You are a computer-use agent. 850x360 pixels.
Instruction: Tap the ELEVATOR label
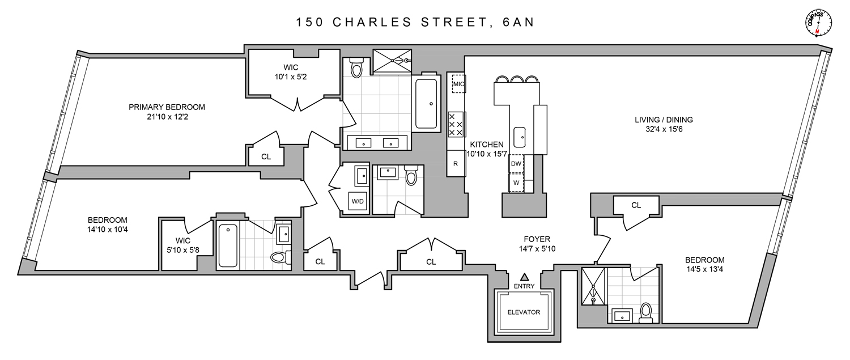[x=523, y=312]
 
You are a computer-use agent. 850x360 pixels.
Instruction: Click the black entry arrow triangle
[x=525, y=277]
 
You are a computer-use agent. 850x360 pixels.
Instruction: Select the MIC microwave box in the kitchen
[x=458, y=85]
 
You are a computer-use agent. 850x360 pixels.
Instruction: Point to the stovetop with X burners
[x=456, y=124]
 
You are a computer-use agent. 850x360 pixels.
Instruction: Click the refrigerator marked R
[x=456, y=163]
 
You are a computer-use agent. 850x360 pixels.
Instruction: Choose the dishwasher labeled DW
[x=516, y=163]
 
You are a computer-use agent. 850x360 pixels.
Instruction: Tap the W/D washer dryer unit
[x=358, y=201]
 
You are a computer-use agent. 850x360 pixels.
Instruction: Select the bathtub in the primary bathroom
[x=426, y=104]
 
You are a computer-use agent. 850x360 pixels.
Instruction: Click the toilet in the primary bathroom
[x=356, y=67]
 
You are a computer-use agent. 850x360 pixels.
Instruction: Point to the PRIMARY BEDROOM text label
[x=167, y=107]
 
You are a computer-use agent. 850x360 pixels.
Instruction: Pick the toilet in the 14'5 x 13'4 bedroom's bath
[x=645, y=312]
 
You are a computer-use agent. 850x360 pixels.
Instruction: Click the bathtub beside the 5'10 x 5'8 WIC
[x=228, y=245]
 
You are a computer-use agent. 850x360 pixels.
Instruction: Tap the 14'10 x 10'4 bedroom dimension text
[x=107, y=230]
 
